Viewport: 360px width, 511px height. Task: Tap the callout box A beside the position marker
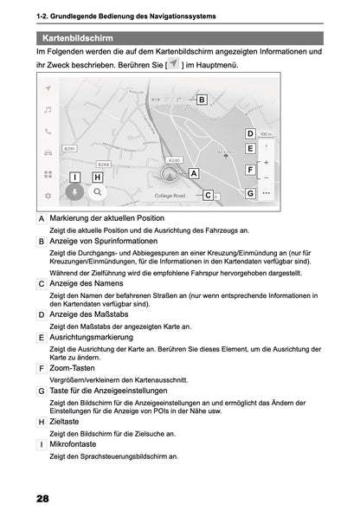coord(194,173)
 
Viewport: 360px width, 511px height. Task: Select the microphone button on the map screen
coord(75,193)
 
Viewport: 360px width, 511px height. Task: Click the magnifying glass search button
coord(98,193)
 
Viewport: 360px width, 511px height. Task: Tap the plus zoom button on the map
coord(266,162)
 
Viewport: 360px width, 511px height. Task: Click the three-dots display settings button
coord(266,193)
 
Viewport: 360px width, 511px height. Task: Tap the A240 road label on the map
coord(174,159)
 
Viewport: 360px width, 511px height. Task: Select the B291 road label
coord(71,149)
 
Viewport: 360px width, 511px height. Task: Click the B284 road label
coord(103,164)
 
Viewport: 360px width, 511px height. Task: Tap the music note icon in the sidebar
coord(48,110)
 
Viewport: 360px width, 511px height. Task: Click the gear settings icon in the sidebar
coord(48,196)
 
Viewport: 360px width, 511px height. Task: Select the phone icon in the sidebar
coord(48,132)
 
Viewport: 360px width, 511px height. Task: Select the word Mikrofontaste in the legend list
coord(74,444)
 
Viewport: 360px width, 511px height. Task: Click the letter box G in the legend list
coord(42,391)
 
